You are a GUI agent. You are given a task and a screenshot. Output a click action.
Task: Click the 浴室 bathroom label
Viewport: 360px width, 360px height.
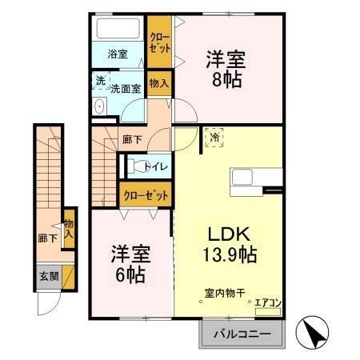[118, 54]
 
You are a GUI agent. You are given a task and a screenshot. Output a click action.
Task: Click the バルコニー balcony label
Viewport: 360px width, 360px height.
[242, 334]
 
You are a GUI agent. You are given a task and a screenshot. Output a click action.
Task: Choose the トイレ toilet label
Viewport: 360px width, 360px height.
[155, 166]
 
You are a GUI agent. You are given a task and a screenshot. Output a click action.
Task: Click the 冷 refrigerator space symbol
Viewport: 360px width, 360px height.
[214, 138]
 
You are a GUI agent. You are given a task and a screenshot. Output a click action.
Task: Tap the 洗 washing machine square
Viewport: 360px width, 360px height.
[101, 81]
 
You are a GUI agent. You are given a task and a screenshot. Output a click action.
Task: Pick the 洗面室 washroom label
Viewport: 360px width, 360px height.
[126, 89]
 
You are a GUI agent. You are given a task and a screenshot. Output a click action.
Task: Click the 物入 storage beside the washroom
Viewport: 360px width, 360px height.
[158, 82]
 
